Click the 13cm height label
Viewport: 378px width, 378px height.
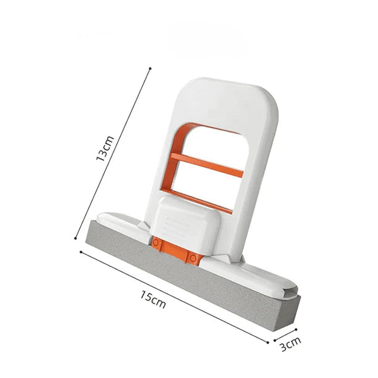click(x=105, y=148)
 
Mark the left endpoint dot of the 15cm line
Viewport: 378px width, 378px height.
click(x=81, y=252)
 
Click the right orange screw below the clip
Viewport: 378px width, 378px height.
click(x=193, y=257)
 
